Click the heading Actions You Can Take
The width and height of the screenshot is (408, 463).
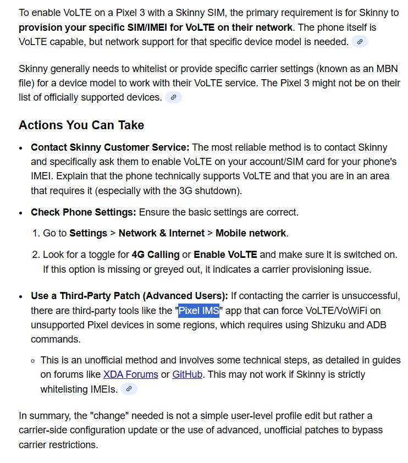(81, 125)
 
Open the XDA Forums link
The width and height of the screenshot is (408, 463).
(130, 374)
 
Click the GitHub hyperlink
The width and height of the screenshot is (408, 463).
(188, 374)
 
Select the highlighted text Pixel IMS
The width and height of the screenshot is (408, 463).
(199, 311)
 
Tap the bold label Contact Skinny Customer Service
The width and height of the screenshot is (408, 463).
(110, 147)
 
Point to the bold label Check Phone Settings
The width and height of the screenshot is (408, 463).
(83, 212)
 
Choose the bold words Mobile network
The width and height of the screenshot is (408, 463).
(250, 233)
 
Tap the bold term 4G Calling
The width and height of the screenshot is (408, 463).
(156, 255)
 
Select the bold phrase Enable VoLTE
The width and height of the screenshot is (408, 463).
(225, 255)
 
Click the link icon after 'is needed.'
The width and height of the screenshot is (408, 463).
(360, 42)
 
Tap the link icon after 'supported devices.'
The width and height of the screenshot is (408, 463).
(173, 98)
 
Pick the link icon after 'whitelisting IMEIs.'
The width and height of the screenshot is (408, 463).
(129, 389)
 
